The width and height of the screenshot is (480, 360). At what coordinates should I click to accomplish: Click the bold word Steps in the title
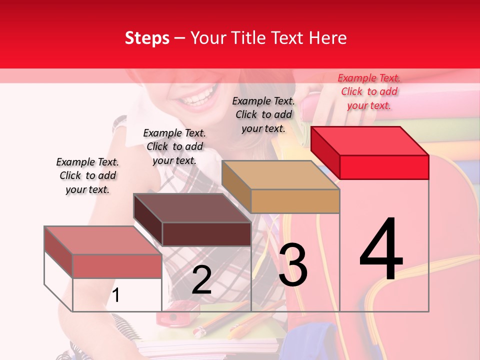[x=147, y=38]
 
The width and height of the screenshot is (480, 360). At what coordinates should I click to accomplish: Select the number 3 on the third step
[x=293, y=264]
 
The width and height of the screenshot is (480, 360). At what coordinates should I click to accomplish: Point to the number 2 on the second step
[x=201, y=280]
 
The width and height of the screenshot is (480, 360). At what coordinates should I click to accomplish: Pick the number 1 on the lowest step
[x=116, y=295]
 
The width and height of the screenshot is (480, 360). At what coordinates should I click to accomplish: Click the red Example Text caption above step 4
[x=369, y=91]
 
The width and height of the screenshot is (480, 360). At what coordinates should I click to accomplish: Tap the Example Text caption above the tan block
[x=263, y=114]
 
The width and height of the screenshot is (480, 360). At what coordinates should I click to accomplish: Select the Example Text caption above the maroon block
[x=174, y=146]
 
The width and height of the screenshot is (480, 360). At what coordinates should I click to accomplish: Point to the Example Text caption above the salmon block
[x=87, y=175]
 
